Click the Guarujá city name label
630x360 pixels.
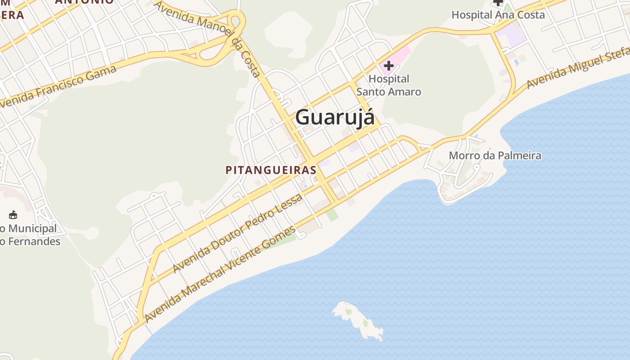(x=335, y=117)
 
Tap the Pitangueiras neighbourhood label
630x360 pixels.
(x=271, y=170)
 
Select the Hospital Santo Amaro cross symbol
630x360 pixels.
(x=388, y=66)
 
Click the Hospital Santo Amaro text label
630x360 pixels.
(x=389, y=85)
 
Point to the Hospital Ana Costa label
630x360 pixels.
(x=498, y=15)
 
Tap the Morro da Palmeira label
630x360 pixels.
(x=495, y=156)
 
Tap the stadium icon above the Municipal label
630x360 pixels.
(x=13, y=215)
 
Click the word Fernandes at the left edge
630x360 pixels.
(x=33, y=241)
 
